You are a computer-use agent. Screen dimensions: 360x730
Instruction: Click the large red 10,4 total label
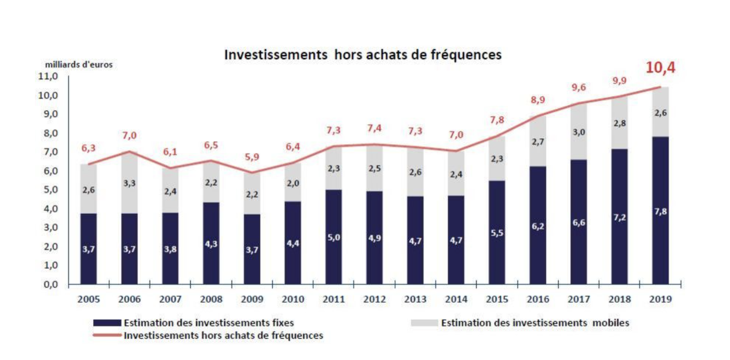click(x=660, y=68)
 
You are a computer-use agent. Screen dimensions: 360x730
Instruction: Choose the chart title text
click(x=363, y=55)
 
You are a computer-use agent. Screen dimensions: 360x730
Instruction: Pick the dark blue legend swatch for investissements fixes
click(x=107, y=323)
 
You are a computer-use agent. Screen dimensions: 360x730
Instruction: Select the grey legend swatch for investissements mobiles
click(x=424, y=323)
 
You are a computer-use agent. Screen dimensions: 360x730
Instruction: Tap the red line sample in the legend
click(x=107, y=335)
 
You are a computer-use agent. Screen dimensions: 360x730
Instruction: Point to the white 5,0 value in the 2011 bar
click(x=333, y=237)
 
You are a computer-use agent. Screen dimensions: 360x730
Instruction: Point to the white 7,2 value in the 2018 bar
click(x=619, y=217)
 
